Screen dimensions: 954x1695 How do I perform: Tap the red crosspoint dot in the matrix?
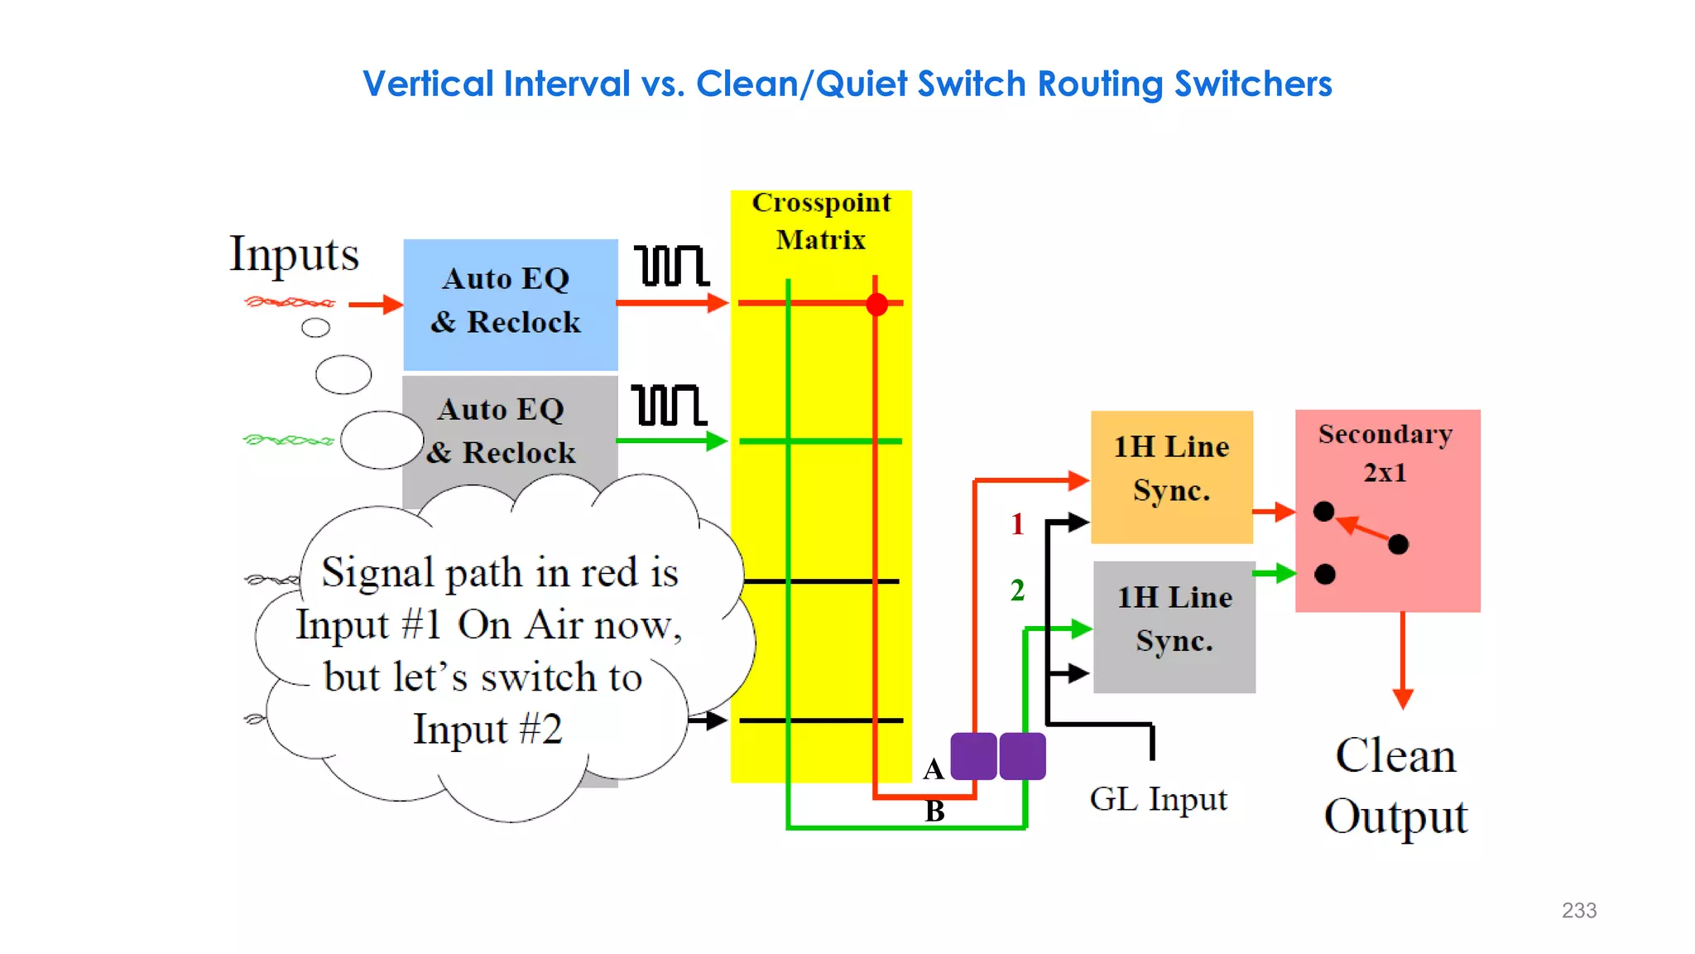pos(876,304)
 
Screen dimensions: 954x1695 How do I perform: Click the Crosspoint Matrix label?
pos(821,221)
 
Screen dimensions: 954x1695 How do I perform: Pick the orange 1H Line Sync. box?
pos(1171,476)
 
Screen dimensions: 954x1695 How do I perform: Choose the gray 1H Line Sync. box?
pos(1174,626)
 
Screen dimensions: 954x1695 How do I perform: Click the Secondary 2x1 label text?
pos(1385,452)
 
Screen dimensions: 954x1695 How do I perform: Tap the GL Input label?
pos(1158,799)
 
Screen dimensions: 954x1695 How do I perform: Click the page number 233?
pos(1578,910)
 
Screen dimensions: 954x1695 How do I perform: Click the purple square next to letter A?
pos(973,755)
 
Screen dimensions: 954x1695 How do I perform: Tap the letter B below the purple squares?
pos(934,811)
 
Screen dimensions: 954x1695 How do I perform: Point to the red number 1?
pos(1017,524)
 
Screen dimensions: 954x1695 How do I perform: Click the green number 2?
pos(1017,590)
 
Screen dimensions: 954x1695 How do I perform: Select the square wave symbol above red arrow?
pos(671,266)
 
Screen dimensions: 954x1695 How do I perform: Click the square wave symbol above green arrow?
pos(669,405)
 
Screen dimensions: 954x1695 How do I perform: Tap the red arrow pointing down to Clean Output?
pos(1402,662)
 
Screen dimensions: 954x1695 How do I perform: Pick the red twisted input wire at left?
pos(290,302)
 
